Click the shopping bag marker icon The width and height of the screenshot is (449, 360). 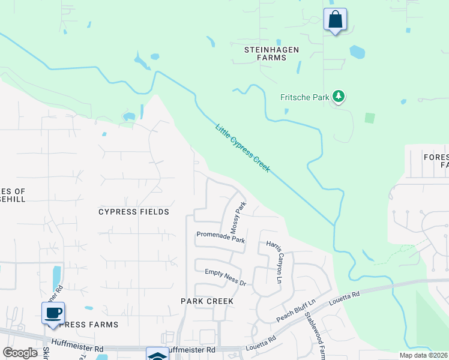point(335,19)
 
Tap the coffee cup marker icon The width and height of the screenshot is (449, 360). point(53,313)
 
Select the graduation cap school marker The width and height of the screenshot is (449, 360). point(157,355)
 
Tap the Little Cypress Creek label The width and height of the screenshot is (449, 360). point(243,148)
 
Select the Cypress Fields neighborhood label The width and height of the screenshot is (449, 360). point(134,212)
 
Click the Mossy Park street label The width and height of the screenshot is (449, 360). point(238,218)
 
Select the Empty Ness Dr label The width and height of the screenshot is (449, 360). point(225,277)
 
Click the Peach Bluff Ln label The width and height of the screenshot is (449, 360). point(295,310)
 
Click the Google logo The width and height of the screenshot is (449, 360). point(20,353)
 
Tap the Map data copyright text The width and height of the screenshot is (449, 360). point(423,355)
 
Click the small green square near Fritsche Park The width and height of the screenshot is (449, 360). point(370,118)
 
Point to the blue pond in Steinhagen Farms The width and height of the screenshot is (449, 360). point(357,52)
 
